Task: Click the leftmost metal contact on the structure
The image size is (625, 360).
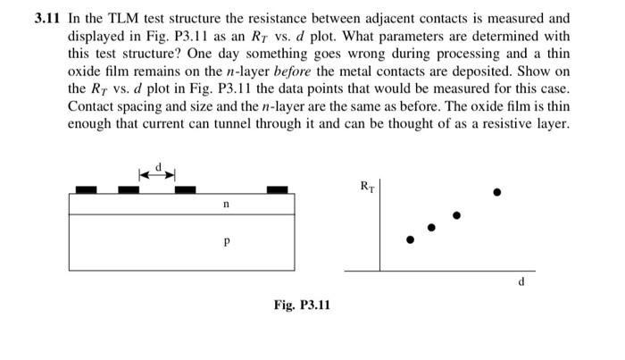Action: [x=86, y=189]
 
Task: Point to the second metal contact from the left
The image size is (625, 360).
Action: [x=129, y=189]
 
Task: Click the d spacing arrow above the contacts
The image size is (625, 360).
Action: [x=156, y=172]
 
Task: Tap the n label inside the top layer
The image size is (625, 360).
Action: [x=226, y=205]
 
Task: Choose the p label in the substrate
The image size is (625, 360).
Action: [x=226, y=241]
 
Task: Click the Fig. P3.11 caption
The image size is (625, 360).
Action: [x=302, y=306]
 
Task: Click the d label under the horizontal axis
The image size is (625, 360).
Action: [x=521, y=283]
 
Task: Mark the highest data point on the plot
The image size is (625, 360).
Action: [x=498, y=192]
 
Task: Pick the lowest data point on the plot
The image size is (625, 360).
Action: [x=410, y=239]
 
